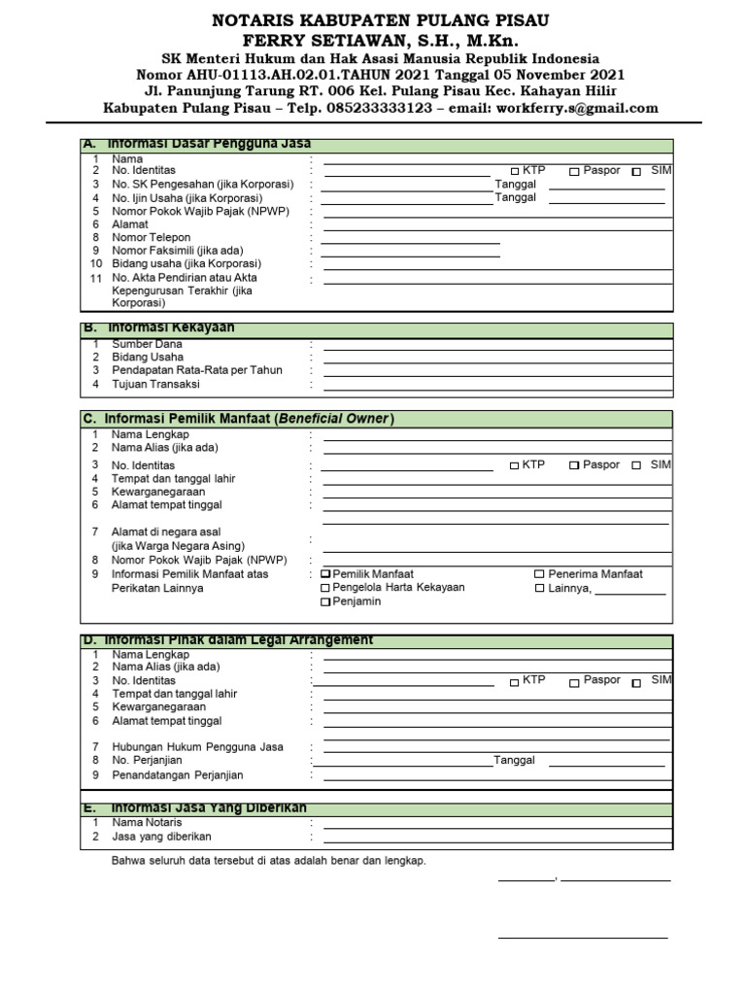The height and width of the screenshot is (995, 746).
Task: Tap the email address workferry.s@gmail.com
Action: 577,108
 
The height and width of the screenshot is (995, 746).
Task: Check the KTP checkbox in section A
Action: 515,172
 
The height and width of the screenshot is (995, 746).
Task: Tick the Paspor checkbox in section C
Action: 574,466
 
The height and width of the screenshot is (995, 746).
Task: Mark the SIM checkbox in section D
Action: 636,683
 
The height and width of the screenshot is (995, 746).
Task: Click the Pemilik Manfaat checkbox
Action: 325,574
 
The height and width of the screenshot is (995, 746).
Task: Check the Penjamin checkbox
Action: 325,602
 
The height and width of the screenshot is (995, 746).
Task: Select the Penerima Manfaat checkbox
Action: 539,574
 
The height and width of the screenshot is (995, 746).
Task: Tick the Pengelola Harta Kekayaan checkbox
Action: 325,588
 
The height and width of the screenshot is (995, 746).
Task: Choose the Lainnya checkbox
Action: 539,589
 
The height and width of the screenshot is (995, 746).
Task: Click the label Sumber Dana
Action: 147,344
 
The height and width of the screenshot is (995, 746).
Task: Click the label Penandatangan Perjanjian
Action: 178,775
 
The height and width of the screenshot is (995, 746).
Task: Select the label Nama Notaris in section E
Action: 147,822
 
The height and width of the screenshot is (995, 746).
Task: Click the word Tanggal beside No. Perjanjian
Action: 514,761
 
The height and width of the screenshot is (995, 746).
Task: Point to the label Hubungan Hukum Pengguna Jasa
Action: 197,747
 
